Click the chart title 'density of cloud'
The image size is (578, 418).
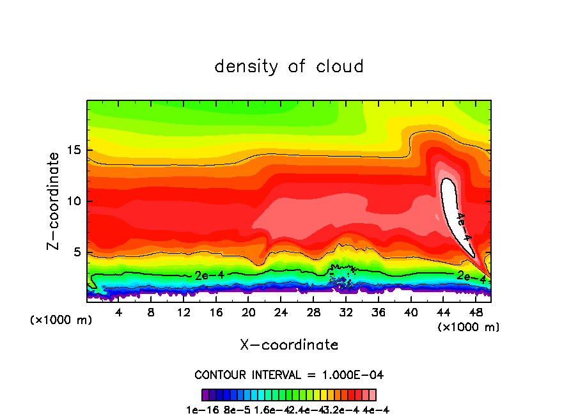click(289, 66)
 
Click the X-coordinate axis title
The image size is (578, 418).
click(289, 345)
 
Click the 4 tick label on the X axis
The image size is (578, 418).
click(118, 312)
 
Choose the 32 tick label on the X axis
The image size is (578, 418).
click(346, 312)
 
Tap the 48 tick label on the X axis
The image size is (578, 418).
click(475, 312)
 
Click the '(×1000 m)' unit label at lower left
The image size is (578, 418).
click(61, 320)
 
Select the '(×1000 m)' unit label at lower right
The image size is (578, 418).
click(469, 327)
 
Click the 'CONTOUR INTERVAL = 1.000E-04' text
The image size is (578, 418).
click(289, 375)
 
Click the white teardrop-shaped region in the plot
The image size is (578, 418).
click(452, 205)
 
